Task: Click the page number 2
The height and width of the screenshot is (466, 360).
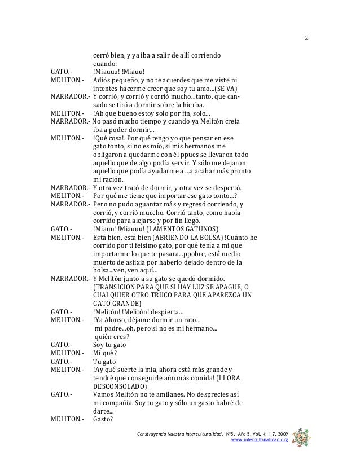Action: [x=306, y=38]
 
